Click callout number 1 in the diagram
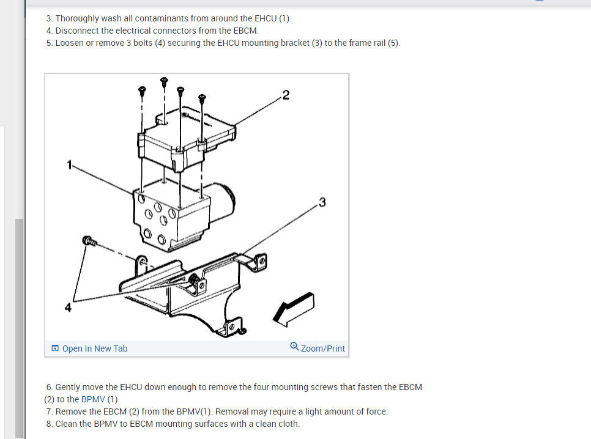coord(69,164)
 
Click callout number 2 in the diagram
coord(286,95)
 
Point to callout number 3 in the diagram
coord(322,202)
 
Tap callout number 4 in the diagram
coord(68,308)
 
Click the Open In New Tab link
coord(95,349)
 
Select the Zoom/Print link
coord(322,349)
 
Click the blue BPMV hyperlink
coord(93,399)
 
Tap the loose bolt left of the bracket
coord(89,241)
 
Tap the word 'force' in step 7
coord(376,411)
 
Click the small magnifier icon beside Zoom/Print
coord(294,346)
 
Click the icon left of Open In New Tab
coord(55,348)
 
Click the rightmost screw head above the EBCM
coord(202,98)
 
